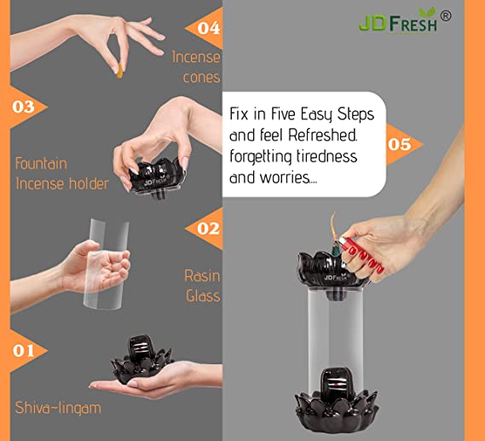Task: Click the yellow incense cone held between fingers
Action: [119, 71]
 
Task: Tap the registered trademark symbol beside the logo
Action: [446, 16]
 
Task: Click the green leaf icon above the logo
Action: [427, 13]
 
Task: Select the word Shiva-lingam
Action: [58, 408]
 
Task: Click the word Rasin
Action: [202, 276]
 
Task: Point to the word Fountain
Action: [41, 164]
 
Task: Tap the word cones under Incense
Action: [201, 78]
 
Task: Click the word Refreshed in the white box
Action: [322, 135]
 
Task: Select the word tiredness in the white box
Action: [326, 155]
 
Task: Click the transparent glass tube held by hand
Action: [106, 264]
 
